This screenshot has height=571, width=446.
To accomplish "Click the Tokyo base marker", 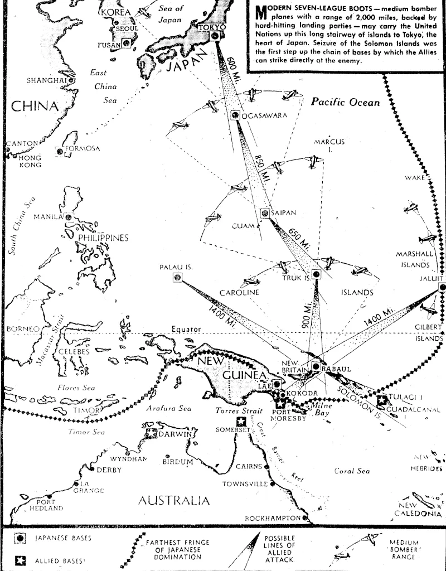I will [215, 36].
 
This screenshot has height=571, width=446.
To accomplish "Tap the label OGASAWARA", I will [265, 116].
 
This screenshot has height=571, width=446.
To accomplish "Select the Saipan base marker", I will [265, 212].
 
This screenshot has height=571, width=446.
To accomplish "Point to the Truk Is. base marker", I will [316, 274].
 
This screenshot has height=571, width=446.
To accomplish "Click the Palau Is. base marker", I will [177, 278].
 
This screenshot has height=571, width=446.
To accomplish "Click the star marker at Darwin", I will [151, 433].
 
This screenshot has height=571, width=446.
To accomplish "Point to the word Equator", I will [186, 330].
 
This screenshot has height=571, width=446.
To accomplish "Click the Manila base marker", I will [68, 216].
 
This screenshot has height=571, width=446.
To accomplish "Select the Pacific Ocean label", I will [345, 102].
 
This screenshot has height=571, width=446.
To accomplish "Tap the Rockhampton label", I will [273, 518].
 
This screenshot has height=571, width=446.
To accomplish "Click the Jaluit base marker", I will [442, 287].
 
